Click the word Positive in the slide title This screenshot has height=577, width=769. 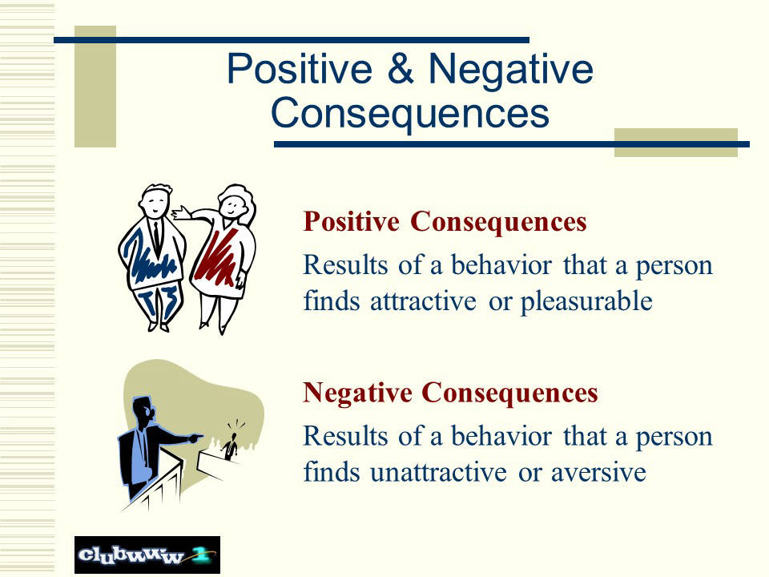(x=300, y=69)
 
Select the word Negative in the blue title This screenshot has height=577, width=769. (x=510, y=71)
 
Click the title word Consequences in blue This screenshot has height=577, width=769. (x=410, y=113)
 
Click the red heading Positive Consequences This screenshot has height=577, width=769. (x=445, y=222)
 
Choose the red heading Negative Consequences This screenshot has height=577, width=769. (x=450, y=393)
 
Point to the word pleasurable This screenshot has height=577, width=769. (x=586, y=301)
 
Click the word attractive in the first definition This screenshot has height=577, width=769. (x=423, y=301)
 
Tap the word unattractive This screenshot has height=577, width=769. (x=438, y=473)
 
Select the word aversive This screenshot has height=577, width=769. (x=598, y=473)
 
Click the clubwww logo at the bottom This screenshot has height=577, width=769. (x=147, y=555)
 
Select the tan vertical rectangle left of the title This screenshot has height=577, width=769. (x=95, y=87)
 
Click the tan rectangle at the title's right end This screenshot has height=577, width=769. (x=676, y=143)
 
